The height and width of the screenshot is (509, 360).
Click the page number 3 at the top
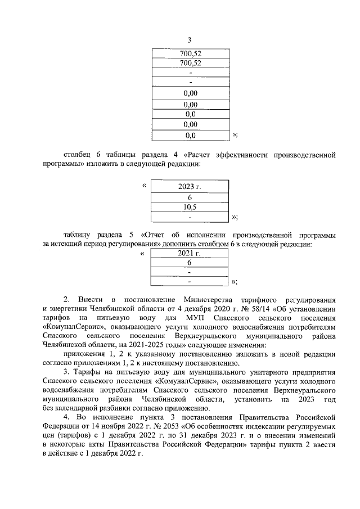[x=189, y=40]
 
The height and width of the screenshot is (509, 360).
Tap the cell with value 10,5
[x=190, y=207]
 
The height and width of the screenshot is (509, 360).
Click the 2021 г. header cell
[x=190, y=253]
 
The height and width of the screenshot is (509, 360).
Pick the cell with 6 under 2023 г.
[x=190, y=198]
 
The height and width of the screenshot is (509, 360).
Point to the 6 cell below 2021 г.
[x=190, y=263]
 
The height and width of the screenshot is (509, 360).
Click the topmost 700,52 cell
[x=190, y=53]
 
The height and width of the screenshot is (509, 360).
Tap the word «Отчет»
[x=156, y=235]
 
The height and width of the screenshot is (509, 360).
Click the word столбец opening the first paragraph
[x=78, y=154]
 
